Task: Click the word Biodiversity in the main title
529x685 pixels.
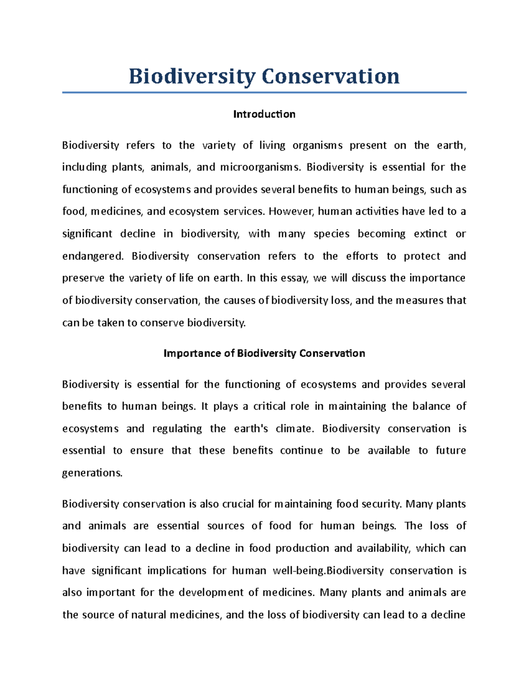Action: [191, 76]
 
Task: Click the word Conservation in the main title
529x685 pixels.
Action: [331, 76]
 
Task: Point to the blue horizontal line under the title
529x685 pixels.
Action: [264, 93]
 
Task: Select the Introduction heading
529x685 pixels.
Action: [264, 114]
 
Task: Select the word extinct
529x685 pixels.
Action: [430, 234]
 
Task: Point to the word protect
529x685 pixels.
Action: [422, 256]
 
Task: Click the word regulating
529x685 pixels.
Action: [177, 429]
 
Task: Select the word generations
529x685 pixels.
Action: [92, 473]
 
